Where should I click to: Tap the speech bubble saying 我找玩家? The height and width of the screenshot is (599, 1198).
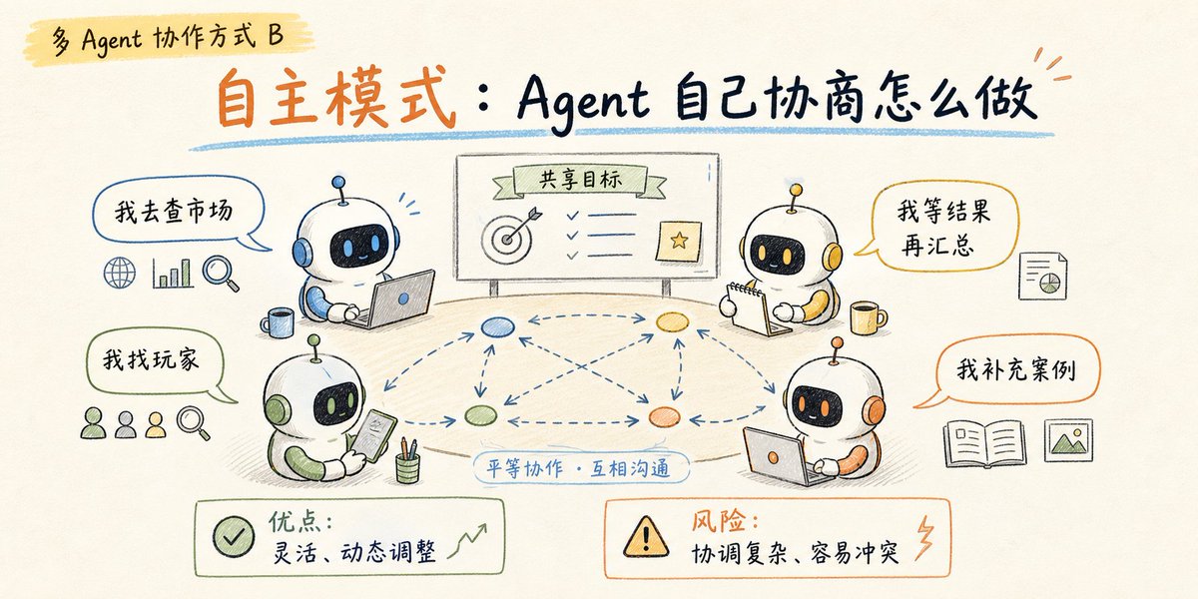155,360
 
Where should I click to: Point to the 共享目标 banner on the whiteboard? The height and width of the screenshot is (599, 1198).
580,180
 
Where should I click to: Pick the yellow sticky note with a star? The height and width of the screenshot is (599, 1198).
679,242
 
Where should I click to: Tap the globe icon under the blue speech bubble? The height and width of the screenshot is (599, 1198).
119,273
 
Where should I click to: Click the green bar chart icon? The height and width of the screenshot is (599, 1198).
172,274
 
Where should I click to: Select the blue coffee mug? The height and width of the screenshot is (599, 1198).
278,322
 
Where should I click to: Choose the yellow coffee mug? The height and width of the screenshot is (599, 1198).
868,317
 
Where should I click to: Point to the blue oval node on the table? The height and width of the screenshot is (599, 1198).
497,326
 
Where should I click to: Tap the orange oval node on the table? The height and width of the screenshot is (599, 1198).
664,417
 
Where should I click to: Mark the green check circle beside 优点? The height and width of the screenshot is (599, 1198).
234,537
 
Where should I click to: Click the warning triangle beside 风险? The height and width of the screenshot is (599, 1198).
646,536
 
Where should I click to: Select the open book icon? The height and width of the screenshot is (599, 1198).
985,443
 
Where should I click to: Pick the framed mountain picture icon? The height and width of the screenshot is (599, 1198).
1068,440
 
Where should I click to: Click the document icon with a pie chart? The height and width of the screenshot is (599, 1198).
1043,276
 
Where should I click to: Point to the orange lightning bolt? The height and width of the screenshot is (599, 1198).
924,538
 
